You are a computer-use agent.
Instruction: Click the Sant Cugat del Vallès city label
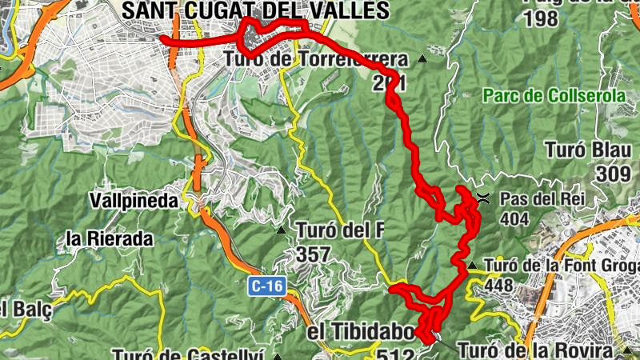(x=255, y=10)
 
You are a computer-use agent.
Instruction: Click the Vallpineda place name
(x=134, y=201)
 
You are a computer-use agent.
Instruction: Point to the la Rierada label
(x=110, y=238)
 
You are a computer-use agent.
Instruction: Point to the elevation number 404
(x=514, y=218)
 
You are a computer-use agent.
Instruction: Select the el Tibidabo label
(x=361, y=331)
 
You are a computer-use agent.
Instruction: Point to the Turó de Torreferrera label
(x=317, y=59)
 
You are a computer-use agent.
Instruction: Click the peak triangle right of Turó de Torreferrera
(x=422, y=59)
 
